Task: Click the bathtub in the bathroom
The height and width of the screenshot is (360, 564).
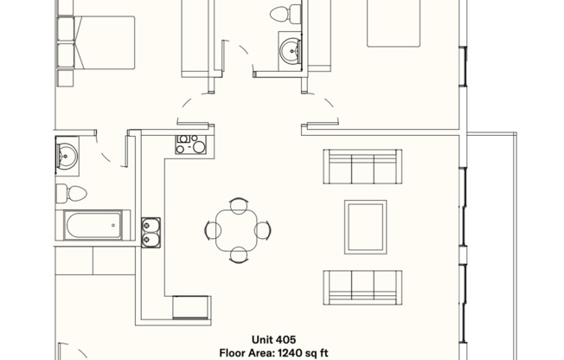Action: click(x=93, y=225)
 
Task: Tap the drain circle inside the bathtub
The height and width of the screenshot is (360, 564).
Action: click(x=113, y=225)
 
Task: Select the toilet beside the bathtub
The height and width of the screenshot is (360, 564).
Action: click(x=71, y=193)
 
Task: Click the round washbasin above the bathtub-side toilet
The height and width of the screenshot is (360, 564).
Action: click(x=67, y=157)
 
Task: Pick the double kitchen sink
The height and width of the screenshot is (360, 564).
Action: click(x=151, y=232)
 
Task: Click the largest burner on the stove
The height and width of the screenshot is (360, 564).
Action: click(x=199, y=147)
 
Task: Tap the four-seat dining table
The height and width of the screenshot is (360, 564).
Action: click(x=237, y=230)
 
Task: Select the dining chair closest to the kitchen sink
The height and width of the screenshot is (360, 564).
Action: click(x=212, y=230)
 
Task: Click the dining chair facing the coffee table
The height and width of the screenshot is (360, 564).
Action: click(x=263, y=230)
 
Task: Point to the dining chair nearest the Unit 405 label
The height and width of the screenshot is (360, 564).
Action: click(x=238, y=255)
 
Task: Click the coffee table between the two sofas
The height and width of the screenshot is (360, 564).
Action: click(x=365, y=227)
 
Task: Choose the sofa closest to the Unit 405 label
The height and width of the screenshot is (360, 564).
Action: click(x=362, y=287)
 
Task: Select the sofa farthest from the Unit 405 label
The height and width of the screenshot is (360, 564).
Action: click(x=362, y=166)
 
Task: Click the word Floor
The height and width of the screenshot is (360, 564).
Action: click(x=230, y=353)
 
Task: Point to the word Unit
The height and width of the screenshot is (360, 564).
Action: click(x=261, y=340)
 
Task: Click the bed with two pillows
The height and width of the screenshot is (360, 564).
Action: click(x=96, y=42)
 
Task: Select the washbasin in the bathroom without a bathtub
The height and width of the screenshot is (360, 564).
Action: click(x=290, y=51)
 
